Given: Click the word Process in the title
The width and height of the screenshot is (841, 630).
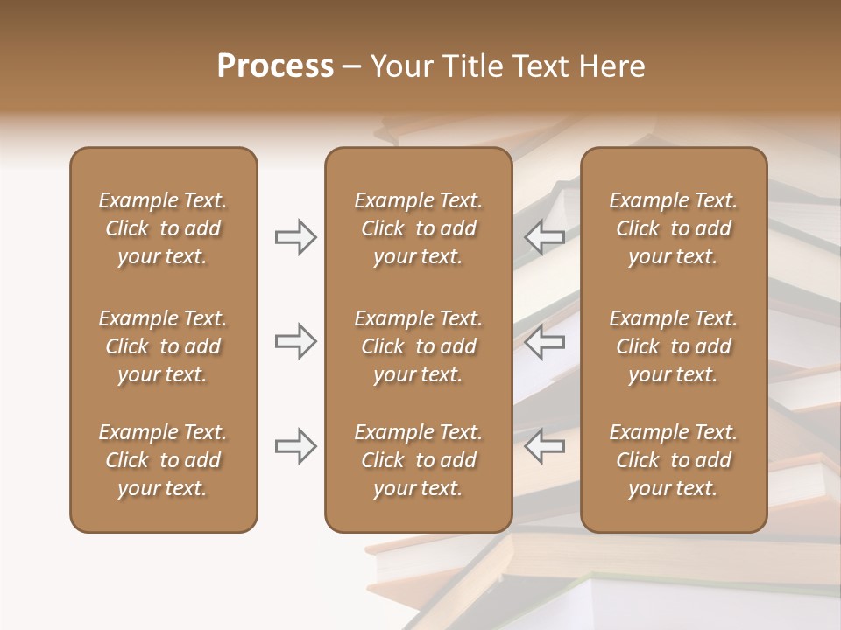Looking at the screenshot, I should (x=275, y=66).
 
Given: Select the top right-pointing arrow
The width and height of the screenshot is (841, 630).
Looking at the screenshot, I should (x=296, y=236).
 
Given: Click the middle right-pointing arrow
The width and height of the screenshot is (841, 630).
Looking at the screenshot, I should (x=296, y=341).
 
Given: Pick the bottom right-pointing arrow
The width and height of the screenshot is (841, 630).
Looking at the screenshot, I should (x=296, y=446).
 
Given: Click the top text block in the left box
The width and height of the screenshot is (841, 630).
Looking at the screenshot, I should (x=163, y=228).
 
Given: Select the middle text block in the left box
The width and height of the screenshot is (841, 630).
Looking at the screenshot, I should (x=163, y=346).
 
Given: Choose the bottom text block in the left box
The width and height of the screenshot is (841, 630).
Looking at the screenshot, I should (x=163, y=460).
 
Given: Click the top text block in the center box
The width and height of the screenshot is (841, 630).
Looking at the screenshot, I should (x=418, y=228).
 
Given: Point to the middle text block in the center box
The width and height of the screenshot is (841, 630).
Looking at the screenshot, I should (x=418, y=346).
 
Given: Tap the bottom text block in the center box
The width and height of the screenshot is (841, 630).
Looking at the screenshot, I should (x=418, y=460).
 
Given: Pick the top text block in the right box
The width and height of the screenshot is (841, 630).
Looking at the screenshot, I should (x=673, y=228).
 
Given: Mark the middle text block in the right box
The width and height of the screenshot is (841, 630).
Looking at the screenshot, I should (x=673, y=346).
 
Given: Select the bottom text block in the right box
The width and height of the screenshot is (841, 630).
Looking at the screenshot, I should (x=673, y=460).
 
